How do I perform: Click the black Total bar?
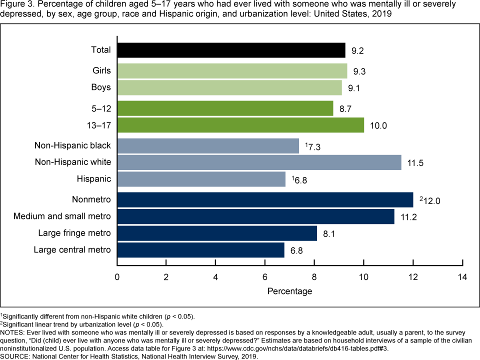tap(231, 50)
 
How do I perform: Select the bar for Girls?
tap(232, 71)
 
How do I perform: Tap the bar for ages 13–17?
tap(240, 125)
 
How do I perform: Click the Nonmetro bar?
tap(265, 200)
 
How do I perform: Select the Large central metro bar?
tap(200, 249)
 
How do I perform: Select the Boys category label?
tap(101, 87)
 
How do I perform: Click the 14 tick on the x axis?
tap(462, 277)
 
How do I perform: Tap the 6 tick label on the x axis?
tap(265, 277)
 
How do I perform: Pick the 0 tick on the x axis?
tap(117, 277)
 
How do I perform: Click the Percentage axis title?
tap(289, 291)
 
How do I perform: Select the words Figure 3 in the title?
tap(17, 5)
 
